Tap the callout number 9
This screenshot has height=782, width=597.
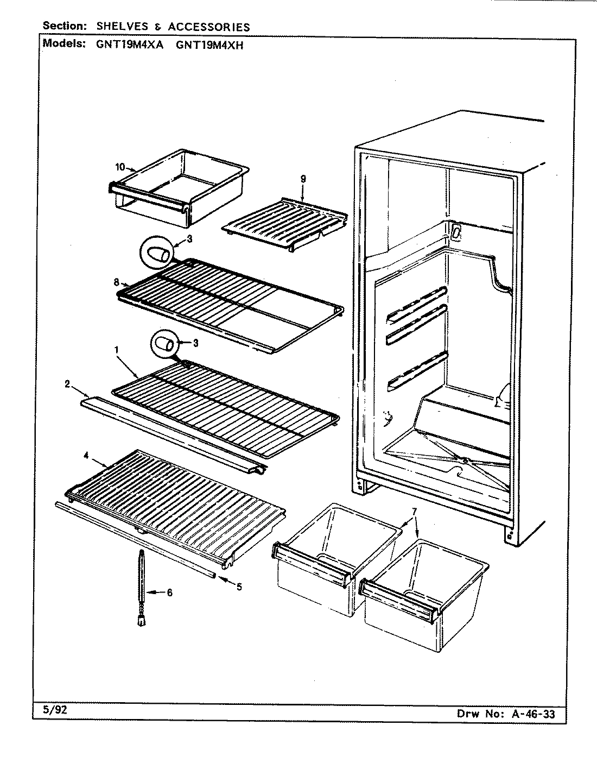[x=303, y=179]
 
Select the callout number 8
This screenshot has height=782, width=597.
[x=116, y=281]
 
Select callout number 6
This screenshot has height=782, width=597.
[x=169, y=592]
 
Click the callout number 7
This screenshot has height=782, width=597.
[x=414, y=512]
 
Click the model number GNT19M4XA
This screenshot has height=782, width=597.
[x=127, y=46]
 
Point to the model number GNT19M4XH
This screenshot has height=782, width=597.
[x=209, y=46]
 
